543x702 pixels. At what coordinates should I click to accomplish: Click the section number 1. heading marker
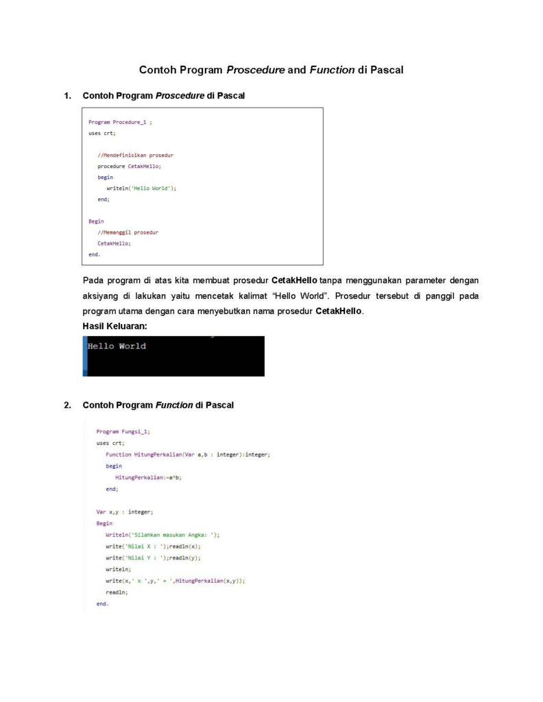click(67, 96)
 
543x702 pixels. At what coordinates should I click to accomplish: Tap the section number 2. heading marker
click(67, 405)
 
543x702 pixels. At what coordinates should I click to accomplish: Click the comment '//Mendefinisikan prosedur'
click(135, 155)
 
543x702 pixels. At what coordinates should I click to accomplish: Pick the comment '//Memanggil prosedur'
click(128, 232)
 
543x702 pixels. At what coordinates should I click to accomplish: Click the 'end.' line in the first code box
click(94, 254)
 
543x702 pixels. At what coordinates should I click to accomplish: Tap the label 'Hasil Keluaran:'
click(114, 326)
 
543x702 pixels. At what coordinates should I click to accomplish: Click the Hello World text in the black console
click(117, 346)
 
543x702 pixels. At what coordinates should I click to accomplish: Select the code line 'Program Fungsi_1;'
click(123, 431)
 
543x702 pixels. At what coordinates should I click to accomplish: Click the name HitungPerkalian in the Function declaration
click(149, 455)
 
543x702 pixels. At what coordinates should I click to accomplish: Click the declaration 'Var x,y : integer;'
click(125, 511)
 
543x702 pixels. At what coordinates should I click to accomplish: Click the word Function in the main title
click(333, 70)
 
